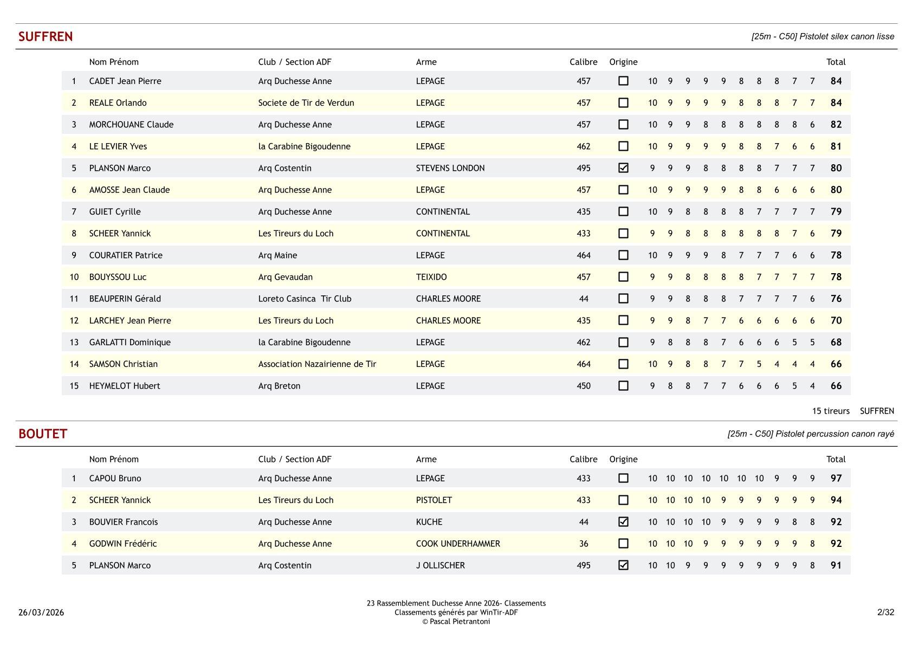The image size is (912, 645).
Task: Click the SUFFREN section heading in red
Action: coord(46,37)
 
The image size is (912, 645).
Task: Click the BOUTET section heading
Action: coord(43,434)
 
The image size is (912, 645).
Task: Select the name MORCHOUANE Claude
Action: coord(131,125)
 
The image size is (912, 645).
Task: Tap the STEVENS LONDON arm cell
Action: coord(450,168)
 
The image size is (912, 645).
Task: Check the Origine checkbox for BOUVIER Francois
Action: coord(623,521)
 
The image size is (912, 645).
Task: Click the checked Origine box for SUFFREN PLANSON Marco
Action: coord(623,168)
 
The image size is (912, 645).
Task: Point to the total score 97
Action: coord(836,478)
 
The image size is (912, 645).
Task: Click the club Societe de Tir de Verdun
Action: coord(306,103)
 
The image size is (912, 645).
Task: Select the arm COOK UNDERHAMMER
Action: coord(457,544)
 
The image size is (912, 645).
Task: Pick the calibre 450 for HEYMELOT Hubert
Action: coord(583,386)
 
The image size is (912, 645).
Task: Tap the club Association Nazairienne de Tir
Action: coord(317,364)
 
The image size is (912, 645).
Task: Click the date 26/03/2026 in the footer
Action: coord(41,612)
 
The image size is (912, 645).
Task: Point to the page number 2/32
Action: coord(885,612)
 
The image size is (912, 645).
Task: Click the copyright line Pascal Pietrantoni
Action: coord(456,622)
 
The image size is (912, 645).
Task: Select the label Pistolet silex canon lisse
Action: coord(822,37)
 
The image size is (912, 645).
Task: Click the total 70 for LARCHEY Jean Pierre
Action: coord(836,320)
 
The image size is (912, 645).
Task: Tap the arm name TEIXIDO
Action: coord(431,277)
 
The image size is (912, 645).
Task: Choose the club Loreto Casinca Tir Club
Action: coord(305,299)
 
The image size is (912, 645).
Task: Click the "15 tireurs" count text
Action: coord(830,411)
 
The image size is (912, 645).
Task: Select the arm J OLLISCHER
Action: coord(440,565)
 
